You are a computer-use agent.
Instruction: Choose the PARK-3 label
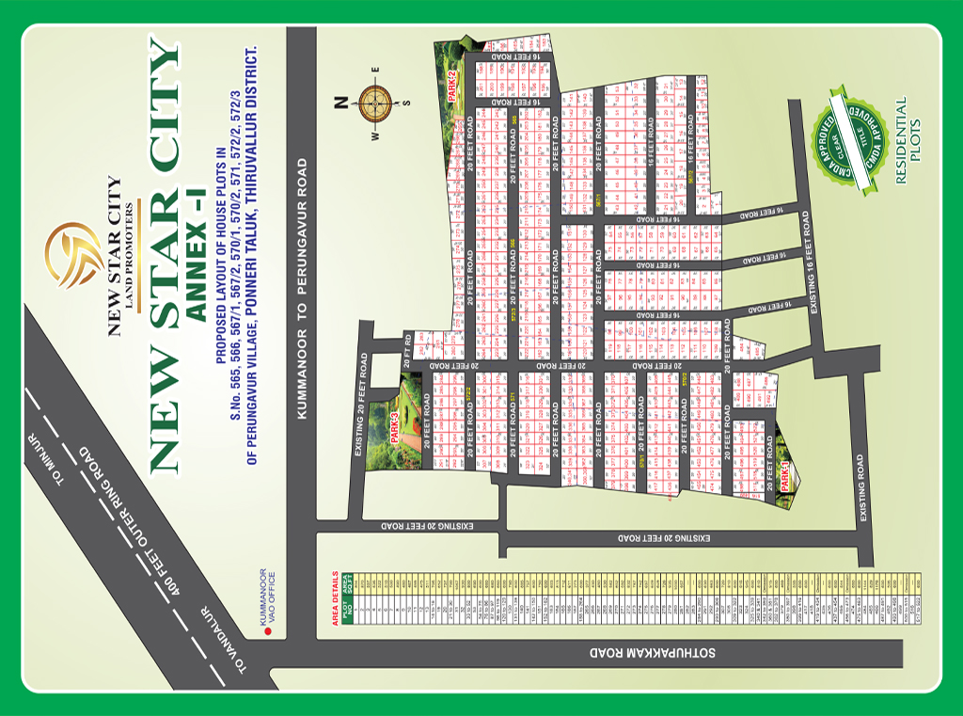coord(396,425)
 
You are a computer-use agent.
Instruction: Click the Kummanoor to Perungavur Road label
coord(302,287)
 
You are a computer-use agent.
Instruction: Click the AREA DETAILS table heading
coord(333,598)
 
